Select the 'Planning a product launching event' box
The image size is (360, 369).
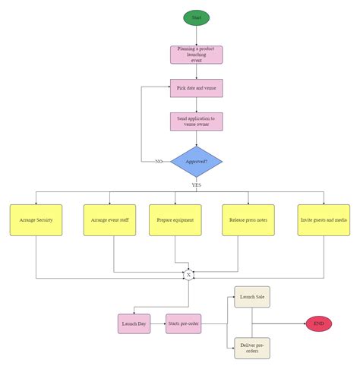[x=196, y=54]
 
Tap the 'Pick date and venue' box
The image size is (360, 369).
[x=196, y=88]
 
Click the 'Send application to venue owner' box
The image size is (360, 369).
[x=196, y=121]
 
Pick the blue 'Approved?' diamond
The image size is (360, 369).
[x=196, y=162]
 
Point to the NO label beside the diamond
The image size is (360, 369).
[x=158, y=162]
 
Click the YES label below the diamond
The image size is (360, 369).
[x=196, y=184]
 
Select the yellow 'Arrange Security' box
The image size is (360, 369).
[x=36, y=220]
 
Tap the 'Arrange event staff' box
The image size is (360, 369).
[x=109, y=220]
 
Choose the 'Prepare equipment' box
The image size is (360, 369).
[x=175, y=220]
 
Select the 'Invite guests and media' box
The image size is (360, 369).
[x=324, y=220]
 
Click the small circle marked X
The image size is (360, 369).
[x=188, y=274]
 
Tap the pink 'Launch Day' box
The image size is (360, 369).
[x=134, y=323]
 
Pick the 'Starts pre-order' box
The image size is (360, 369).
[x=185, y=323]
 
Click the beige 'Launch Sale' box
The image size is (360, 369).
[x=251, y=297]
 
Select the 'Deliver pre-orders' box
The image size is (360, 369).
[x=251, y=348]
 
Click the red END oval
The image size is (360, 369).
[x=319, y=323]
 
